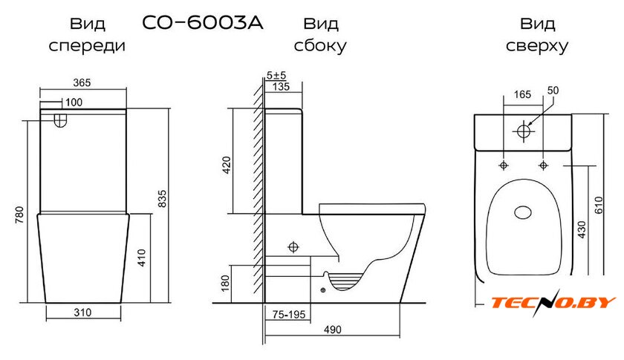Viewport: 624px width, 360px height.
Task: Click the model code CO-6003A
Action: point(203,23)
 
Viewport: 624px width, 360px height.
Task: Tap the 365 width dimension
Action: point(82,82)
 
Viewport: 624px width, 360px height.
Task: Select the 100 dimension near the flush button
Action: point(74,102)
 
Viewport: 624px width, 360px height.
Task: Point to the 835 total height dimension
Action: point(163,199)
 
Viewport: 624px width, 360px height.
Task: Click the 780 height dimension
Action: point(19,215)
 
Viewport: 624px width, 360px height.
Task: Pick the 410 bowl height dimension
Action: point(142,258)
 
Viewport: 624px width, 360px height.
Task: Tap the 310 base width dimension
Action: point(82,312)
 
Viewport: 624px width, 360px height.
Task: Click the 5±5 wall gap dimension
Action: point(276,75)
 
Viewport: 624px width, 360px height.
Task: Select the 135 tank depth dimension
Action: point(282,86)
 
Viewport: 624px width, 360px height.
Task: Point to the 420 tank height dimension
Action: point(227,165)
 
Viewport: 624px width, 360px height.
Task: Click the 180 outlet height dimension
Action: point(225,284)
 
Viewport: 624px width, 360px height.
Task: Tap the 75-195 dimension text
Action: point(289,315)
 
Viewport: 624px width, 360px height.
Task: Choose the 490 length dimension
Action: point(332,330)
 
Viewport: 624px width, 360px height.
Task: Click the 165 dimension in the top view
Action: point(522,94)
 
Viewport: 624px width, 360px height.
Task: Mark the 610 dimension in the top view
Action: point(599,206)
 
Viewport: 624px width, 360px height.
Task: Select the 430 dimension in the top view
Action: point(582,230)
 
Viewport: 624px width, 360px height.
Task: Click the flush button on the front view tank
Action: point(59,120)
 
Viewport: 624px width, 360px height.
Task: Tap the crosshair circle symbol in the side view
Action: point(293,247)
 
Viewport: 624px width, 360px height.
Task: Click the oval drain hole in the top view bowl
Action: point(523,212)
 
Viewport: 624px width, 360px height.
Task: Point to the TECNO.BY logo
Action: point(553,303)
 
